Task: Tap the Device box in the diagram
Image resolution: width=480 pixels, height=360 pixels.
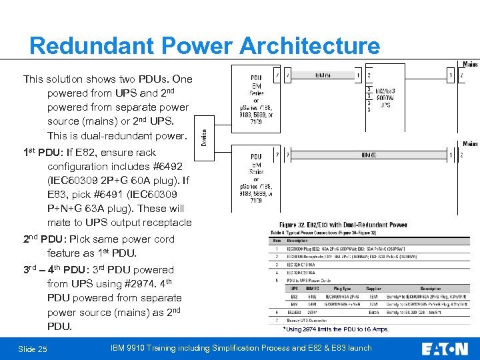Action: (204, 138)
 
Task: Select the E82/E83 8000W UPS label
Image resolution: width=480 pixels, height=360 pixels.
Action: (385, 97)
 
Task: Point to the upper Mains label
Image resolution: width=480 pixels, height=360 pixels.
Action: (470, 65)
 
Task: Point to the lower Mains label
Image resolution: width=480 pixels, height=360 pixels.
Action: (470, 144)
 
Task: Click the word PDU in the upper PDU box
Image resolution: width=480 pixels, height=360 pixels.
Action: (256, 78)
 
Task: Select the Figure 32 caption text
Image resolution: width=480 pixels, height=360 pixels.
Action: (343, 225)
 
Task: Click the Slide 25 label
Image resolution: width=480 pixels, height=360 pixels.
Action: (33, 349)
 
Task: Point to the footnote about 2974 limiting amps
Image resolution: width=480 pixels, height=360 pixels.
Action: (337, 329)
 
